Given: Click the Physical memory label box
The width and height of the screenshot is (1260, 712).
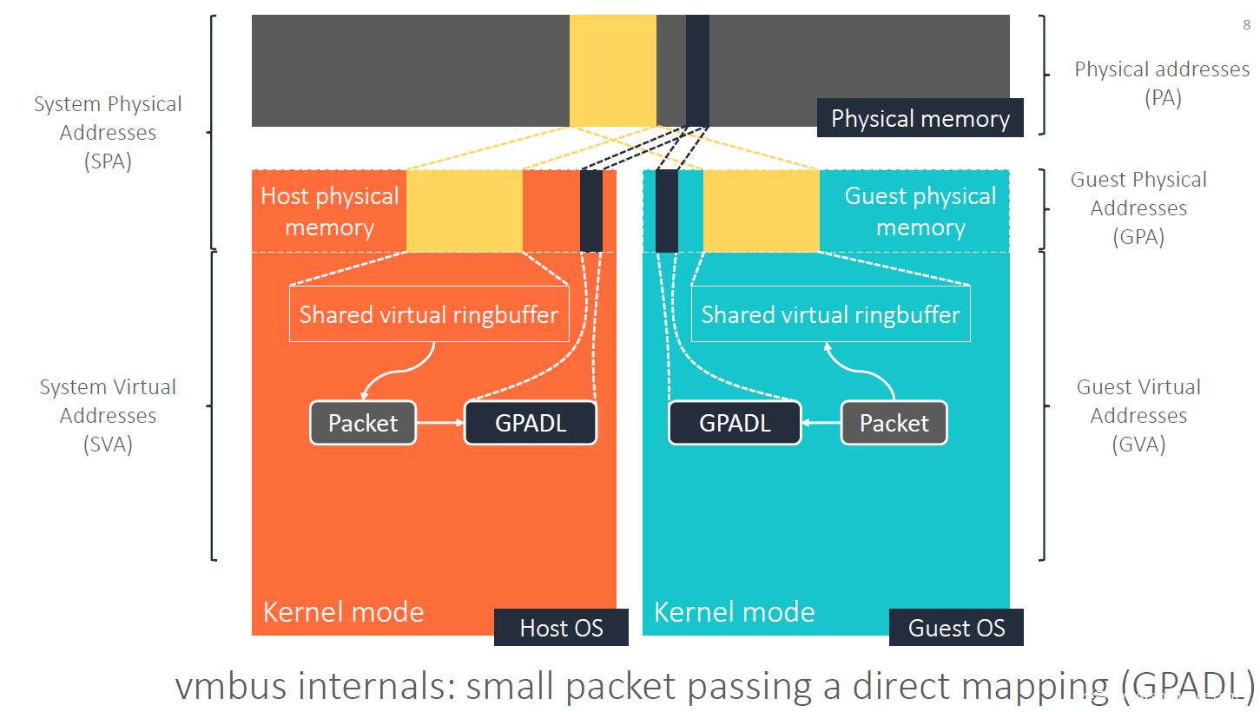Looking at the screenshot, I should (920, 118).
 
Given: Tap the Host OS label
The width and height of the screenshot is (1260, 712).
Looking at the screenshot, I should (561, 628).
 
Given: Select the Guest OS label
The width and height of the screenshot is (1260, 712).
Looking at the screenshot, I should (956, 628).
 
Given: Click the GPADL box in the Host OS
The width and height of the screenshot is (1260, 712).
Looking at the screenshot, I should (531, 423).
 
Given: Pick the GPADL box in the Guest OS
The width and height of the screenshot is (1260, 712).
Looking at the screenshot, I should (735, 423).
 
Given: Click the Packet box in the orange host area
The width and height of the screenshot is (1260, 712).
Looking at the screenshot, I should (363, 423).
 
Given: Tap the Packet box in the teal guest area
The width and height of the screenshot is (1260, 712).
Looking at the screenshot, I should (894, 423).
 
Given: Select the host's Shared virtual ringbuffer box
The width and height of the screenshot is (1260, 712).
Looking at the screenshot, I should (429, 314).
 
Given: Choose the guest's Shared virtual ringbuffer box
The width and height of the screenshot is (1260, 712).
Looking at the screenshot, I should (830, 314).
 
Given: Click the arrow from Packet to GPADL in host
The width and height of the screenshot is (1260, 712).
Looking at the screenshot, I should (440, 423).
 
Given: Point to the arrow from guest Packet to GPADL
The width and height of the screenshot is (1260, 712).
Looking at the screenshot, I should (821, 423).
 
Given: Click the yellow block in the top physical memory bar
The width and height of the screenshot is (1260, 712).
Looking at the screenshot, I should (612, 70).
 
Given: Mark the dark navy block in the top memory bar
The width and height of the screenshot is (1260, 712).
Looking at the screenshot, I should (697, 70).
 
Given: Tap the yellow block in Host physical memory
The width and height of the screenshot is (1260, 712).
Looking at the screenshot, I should (465, 211).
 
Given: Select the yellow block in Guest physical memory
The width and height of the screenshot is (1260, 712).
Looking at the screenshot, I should (761, 211).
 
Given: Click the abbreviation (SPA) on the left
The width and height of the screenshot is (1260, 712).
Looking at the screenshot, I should (109, 162).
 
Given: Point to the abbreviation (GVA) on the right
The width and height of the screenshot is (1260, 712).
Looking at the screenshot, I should (1138, 445).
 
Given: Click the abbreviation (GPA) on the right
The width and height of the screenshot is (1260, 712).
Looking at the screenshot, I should (1138, 237).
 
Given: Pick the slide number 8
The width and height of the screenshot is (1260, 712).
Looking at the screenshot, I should (1247, 25).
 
